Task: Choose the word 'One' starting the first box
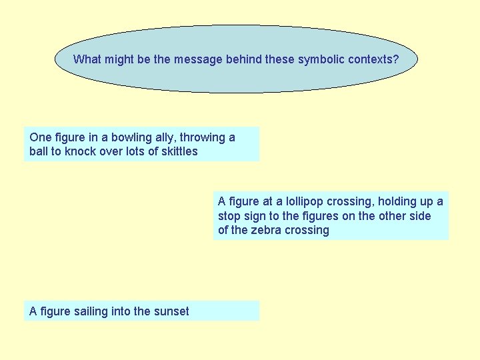[x=39, y=137]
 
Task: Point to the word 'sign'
[x=255, y=216]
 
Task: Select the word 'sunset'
[x=171, y=311]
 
